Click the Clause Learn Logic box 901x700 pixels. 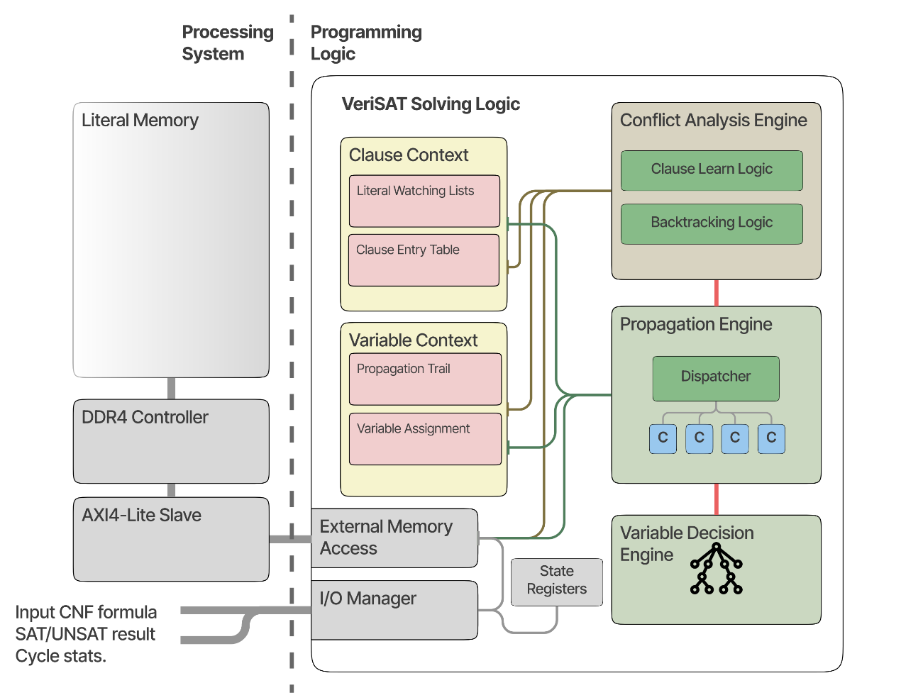[x=712, y=170]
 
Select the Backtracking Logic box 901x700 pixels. [x=712, y=224]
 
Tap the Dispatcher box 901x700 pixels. [x=716, y=378]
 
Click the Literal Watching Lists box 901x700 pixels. [x=424, y=201]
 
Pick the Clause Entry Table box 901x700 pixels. [x=424, y=260]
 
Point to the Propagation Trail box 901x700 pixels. [x=425, y=379]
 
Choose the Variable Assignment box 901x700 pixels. [x=425, y=439]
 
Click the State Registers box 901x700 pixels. [x=557, y=582]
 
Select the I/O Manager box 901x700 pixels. [x=394, y=610]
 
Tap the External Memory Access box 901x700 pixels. [x=394, y=538]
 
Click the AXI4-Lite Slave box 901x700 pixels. [x=171, y=539]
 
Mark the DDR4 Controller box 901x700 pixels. [x=171, y=440]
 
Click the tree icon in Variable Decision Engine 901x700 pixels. [x=717, y=569]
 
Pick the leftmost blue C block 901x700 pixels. [x=663, y=438]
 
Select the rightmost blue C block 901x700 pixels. [x=771, y=438]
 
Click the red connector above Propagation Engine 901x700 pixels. [x=717, y=292]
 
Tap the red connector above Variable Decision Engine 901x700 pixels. [x=717, y=499]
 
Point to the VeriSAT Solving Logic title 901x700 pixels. [x=431, y=104]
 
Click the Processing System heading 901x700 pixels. [x=227, y=43]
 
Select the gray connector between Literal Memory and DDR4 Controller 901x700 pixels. [x=171, y=388]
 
